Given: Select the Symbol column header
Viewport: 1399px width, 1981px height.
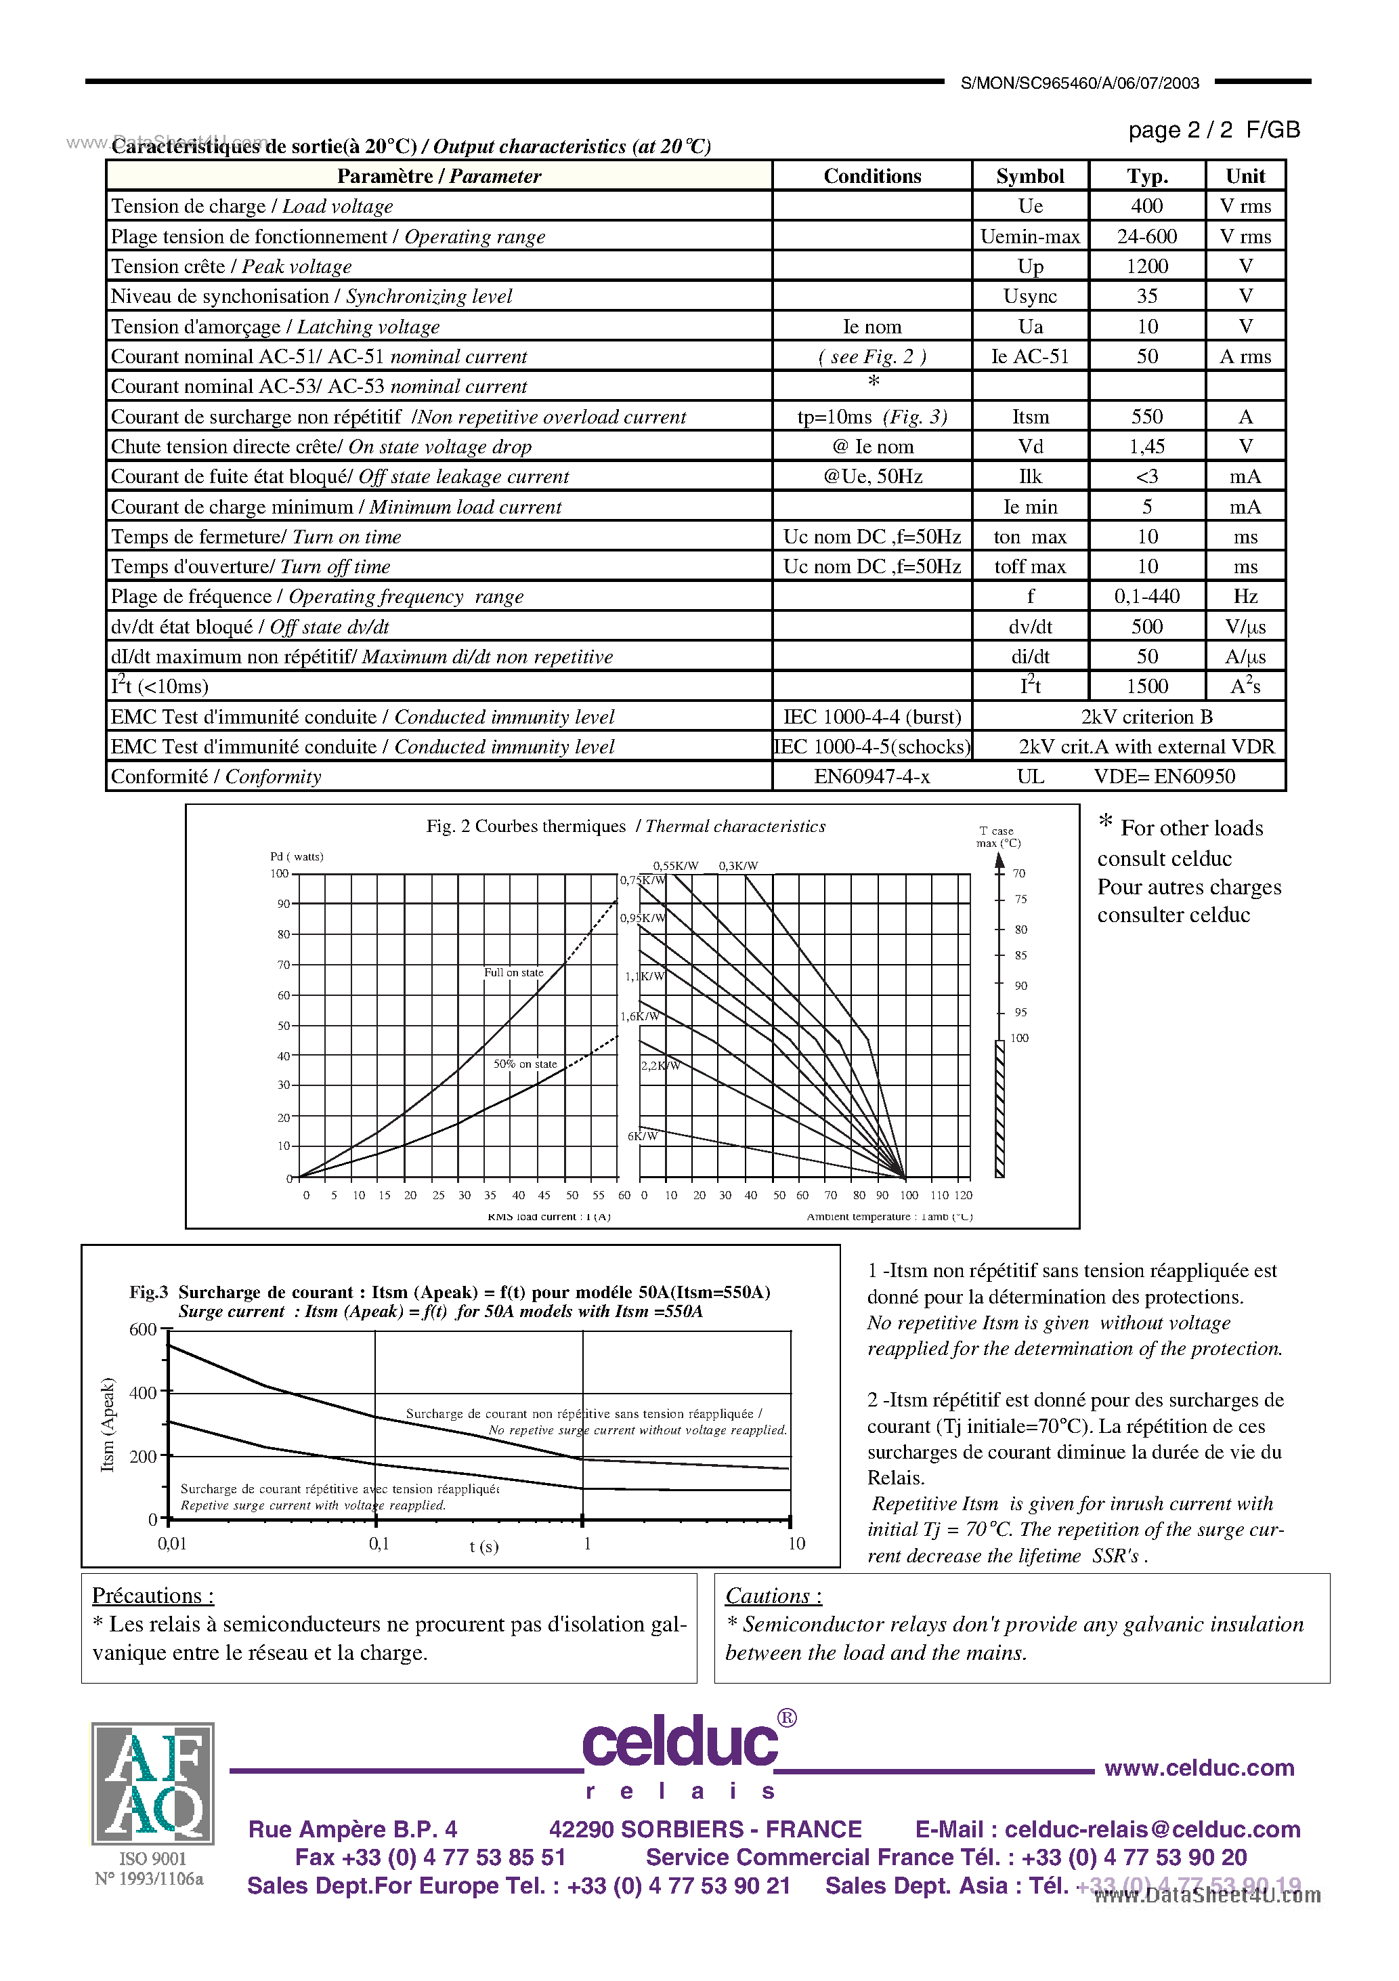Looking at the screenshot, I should (1029, 176).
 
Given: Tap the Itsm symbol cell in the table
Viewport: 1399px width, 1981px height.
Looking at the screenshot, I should (1030, 417).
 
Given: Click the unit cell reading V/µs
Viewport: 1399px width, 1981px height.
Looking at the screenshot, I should (1245, 627).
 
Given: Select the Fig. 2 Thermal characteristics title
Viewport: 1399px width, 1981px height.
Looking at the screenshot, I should (625, 826).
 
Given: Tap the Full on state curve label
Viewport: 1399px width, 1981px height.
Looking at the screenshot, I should (513, 972).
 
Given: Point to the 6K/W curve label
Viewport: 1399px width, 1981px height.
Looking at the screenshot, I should (642, 1135).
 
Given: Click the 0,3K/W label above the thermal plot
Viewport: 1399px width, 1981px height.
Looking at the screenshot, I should (738, 865).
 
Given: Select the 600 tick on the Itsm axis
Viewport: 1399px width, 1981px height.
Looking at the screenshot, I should (142, 1329).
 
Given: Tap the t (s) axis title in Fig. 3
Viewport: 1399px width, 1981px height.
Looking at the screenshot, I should (484, 1545).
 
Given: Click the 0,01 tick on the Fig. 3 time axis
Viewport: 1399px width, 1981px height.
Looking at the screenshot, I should (171, 1543).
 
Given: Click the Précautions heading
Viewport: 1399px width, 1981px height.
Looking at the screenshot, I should (152, 1596).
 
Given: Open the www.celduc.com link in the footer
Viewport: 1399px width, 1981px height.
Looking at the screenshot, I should (1199, 1768).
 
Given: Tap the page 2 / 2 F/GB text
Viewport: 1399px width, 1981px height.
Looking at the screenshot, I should (1213, 130).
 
